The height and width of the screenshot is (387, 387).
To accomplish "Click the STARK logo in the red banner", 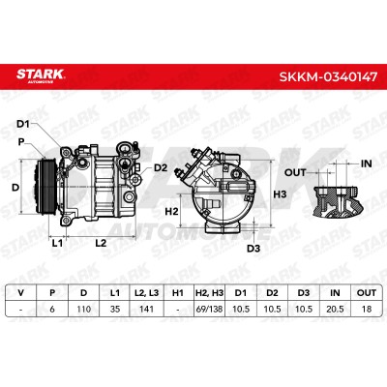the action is click(41, 75).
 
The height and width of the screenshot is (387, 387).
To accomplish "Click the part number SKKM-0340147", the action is click(328, 76).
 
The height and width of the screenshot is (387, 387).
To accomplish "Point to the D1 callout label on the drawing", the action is click(23, 124).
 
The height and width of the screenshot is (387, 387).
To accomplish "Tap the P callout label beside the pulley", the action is click(21, 141).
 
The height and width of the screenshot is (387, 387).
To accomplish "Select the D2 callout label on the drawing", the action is click(161, 167).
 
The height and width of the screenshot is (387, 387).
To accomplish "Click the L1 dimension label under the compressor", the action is click(57, 243).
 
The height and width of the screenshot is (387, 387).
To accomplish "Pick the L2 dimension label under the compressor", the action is click(101, 243).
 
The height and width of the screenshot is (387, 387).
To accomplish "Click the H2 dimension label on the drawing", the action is click(171, 212).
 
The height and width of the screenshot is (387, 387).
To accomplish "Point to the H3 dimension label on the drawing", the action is click(280, 194).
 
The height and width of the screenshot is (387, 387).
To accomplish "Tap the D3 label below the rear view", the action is click(253, 249).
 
